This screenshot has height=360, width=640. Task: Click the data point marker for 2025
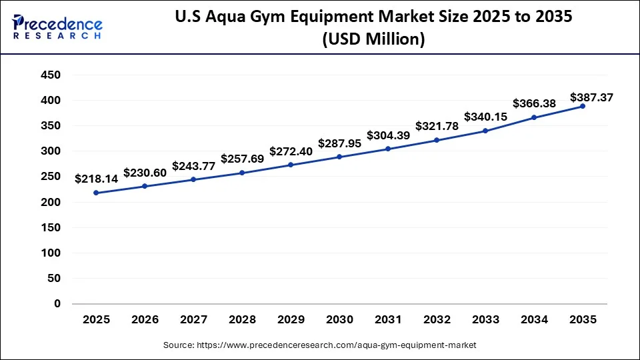pos(96,193)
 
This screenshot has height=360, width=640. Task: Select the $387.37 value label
pos(592,97)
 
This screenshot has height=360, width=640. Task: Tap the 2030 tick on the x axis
pos(339,320)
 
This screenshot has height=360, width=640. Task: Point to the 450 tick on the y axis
pos(52,75)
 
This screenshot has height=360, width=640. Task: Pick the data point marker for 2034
pos(534,117)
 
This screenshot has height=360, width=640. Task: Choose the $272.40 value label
pos(291,151)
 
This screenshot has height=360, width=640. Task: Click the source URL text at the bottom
pos(320,345)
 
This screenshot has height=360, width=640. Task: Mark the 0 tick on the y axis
pos(57,304)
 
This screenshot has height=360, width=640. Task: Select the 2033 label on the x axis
pos(485,320)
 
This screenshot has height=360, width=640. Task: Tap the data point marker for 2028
pos(242,173)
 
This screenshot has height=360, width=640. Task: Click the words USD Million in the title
pos(373,40)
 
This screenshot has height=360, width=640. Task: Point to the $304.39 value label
pos(388,135)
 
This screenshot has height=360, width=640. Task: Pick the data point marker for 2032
pos(437,140)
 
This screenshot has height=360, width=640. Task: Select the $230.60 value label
pos(145,172)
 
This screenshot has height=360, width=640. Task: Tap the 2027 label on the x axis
pos(193,320)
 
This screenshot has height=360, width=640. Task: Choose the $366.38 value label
pos(534,104)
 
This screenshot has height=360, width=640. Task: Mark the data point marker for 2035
pos(583,107)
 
